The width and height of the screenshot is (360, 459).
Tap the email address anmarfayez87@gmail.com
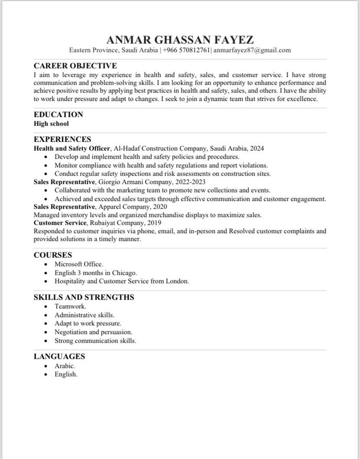coord(252,50)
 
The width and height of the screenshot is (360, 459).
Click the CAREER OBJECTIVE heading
coord(75,66)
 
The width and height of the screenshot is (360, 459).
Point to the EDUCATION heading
coord(58,115)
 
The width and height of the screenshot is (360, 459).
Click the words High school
coord(51,123)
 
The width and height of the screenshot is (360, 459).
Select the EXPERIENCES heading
coord(62,140)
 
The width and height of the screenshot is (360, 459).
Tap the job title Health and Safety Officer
coord(72,148)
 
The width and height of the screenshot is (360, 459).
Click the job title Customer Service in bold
coord(60,223)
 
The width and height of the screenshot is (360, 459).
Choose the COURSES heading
coord(53,255)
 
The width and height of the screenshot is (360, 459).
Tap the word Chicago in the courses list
coord(124,273)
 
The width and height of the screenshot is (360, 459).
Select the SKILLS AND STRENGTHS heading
coord(84,297)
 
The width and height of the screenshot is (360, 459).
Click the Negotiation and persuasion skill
coord(93,332)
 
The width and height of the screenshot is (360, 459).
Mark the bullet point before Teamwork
coord(45,306)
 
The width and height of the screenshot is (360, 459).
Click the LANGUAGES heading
coord(59,356)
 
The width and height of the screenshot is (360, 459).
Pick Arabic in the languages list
coord(65,366)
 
